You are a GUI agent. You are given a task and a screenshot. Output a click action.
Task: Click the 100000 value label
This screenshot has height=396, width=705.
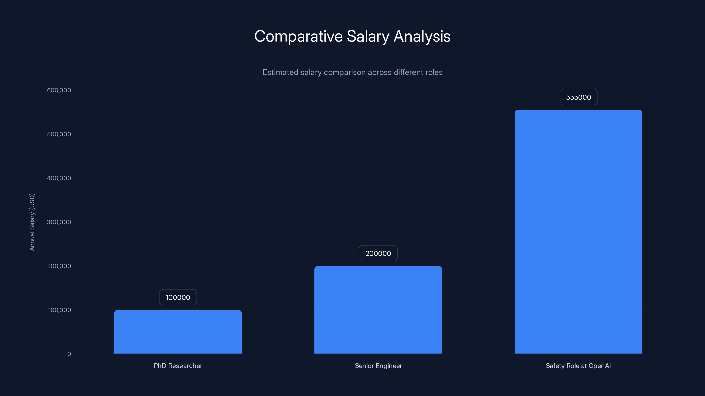point(178,297)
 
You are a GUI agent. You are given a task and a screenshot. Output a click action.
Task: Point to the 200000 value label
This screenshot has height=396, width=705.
point(378,253)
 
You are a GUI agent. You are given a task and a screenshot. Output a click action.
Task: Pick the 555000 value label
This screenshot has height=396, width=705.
point(579,97)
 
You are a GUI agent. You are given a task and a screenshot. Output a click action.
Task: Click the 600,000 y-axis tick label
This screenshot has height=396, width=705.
point(59,90)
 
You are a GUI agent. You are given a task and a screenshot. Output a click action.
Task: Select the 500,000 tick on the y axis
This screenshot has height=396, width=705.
point(59,134)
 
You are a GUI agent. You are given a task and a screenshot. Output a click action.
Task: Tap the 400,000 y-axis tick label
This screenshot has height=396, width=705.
point(59,178)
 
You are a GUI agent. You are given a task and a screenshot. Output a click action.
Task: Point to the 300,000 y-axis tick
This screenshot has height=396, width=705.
point(59,222)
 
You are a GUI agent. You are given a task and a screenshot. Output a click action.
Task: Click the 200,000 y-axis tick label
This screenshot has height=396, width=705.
point(59,266)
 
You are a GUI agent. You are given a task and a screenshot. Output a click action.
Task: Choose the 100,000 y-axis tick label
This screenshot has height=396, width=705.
point(59,310)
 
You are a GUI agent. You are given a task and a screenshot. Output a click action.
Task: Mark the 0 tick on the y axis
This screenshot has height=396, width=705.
point(69,354)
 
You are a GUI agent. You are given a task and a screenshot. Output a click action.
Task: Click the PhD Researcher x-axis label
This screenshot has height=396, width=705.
point(178,366)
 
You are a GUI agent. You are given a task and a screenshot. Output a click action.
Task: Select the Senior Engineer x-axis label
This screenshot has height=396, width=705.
point(378,366)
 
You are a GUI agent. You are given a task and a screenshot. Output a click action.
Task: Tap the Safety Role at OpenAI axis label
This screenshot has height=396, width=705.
point(578,366)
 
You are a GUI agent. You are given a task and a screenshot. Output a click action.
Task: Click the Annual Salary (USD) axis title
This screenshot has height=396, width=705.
point(32,222)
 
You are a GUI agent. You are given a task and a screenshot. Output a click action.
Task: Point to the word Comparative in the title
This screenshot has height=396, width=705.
point(298,36)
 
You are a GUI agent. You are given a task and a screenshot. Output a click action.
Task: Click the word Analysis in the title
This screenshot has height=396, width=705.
point(422,36)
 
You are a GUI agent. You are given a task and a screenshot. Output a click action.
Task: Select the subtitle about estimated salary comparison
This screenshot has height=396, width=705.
point(352,72)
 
